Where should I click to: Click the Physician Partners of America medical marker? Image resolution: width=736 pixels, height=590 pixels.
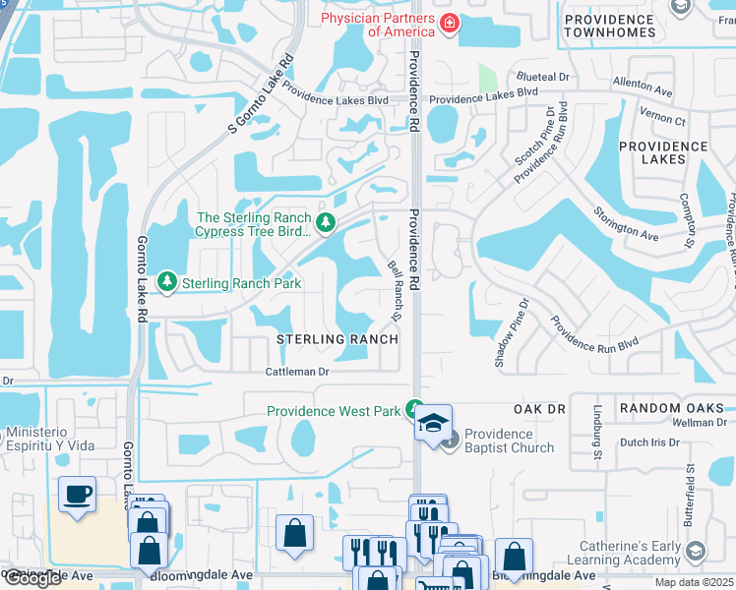coord(449,23)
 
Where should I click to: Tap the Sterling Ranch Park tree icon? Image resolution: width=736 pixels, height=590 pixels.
coord(167,282)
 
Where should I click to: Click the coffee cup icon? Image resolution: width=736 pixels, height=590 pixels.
coord(77,495)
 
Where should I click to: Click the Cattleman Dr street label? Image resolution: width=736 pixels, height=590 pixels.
coord(296,372)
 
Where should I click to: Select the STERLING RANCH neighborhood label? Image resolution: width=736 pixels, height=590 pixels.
coord(337,339)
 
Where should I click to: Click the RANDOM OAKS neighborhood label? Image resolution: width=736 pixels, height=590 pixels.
coord(672,408)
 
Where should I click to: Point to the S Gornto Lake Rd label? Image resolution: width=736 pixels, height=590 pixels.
coord(261,93)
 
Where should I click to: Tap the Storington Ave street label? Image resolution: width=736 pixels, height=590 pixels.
coord(626,223)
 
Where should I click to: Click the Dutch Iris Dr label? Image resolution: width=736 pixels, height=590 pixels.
coord(645,442)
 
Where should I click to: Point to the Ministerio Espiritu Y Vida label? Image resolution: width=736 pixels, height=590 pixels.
coord(61,439)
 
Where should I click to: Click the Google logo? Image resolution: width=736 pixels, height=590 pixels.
coord(32,578)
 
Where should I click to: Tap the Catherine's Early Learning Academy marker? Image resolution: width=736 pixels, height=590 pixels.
coord(696,551)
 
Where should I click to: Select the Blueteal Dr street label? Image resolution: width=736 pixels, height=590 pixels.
coord(542,77)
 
